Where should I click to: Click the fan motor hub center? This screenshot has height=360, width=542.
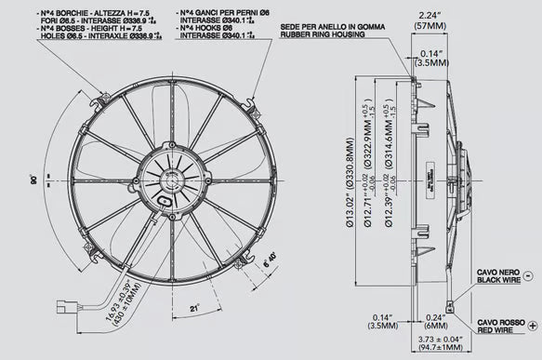[170, 180]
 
